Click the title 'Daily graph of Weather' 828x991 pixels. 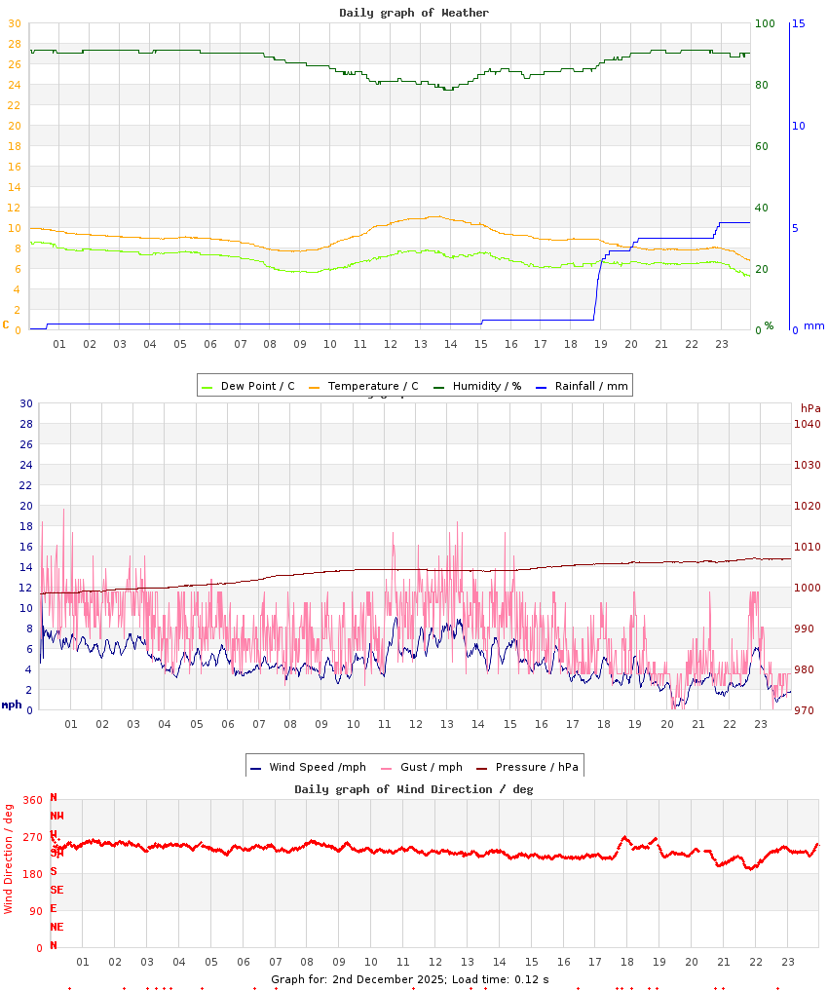click(414, 13)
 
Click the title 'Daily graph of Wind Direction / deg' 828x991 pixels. click(414, 788)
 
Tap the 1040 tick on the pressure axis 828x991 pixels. click(809, 424)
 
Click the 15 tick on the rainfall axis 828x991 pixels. click(798, 23)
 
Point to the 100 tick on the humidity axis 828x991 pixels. click(765, 23)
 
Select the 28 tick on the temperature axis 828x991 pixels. click(14, 44)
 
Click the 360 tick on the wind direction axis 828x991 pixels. click(32, 800)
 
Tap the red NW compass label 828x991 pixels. click(56, 816)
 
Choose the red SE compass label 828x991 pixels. click(56, 890)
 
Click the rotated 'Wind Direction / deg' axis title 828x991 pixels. click(9, 858)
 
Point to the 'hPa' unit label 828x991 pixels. click(810, 407)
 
